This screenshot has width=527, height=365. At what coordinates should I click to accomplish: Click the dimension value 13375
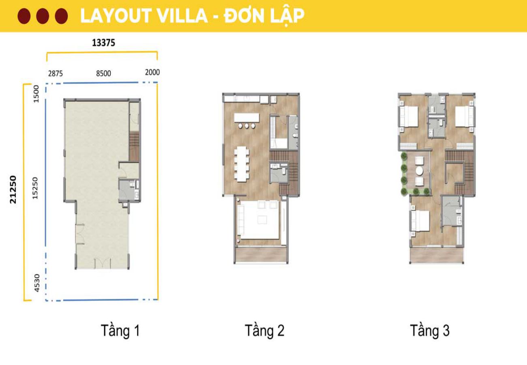point(103,43)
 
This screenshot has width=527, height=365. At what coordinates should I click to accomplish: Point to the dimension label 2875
point(55,73)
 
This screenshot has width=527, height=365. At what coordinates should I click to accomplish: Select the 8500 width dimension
point(103,73)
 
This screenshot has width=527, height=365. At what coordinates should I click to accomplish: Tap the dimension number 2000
point(152,72)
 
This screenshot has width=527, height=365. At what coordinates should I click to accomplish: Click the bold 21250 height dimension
point(13,189)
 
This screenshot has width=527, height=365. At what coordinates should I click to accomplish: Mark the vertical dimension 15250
point(35,188)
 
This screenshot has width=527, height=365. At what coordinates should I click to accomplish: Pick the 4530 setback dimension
point(36,283)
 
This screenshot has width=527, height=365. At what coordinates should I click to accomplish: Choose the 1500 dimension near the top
point(36,94)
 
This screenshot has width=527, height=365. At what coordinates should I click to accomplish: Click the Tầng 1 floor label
point(120,331)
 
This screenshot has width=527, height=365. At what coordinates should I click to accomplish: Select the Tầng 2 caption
point(264,331)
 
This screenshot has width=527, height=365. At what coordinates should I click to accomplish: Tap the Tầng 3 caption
point(429,331)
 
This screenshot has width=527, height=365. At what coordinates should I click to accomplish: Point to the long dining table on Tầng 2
point(242,164)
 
